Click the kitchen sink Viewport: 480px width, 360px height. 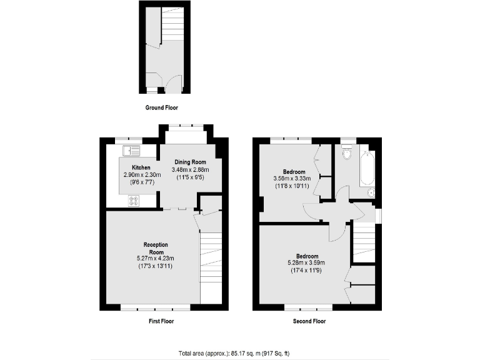131,149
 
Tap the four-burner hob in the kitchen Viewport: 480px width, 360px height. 134,200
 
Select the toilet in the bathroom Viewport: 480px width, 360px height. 346,152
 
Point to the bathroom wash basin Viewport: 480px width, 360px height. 370,192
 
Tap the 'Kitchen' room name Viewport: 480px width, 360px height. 141,167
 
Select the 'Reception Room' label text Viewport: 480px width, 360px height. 156,247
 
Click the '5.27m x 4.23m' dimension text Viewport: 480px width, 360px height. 156,259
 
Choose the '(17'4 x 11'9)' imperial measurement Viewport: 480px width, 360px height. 306,270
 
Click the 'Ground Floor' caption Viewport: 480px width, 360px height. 162,107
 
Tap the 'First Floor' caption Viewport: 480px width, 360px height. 161,321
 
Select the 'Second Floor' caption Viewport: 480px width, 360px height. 309,321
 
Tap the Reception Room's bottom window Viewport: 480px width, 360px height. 155,308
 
